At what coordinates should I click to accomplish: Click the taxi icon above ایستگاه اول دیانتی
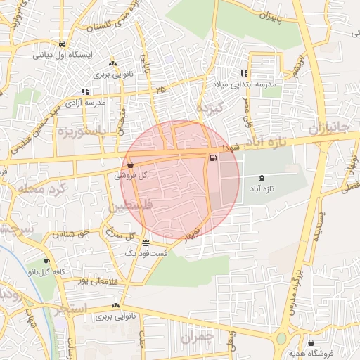click(63, 42)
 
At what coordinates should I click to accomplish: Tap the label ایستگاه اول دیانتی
click(63, 53)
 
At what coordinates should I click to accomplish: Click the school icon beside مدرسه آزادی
click(85, 91)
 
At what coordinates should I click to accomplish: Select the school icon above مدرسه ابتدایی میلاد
click(244, 73)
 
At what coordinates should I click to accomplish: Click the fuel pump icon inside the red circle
click(212, 157)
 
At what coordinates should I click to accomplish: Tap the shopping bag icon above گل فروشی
click(131, 165)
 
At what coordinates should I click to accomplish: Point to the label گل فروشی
click(130, 176)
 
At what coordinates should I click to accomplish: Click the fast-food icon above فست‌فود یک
click(145, 241)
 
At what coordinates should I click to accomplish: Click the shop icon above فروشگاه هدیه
click(311, 342)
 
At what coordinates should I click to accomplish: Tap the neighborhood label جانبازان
click(328, 127)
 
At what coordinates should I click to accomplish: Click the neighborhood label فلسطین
click(129, 206)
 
